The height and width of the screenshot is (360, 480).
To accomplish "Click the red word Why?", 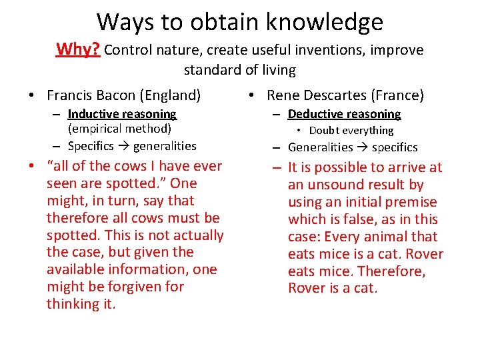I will click(78, 49).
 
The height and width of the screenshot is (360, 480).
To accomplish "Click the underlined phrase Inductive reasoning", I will click(122, 114).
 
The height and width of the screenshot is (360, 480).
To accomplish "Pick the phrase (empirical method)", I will click(119, 129).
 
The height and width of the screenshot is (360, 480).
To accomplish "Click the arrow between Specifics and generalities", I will click(125, 146).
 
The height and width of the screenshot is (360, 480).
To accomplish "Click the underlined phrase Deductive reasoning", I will click(344, 114).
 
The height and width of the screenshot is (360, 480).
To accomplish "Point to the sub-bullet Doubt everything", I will click(351, 131).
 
